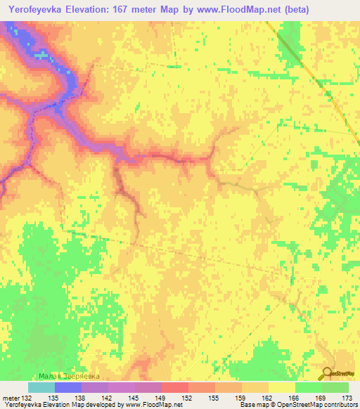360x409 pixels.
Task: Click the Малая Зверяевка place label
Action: point(68,377)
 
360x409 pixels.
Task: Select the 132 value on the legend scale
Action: point(28,397)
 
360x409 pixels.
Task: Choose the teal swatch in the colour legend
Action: point(41,387)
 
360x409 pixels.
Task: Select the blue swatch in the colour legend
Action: point(68,387)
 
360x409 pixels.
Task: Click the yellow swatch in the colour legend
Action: point(281,387)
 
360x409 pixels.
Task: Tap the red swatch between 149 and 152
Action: point(174,387)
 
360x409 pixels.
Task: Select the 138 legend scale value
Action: point(82,397)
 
